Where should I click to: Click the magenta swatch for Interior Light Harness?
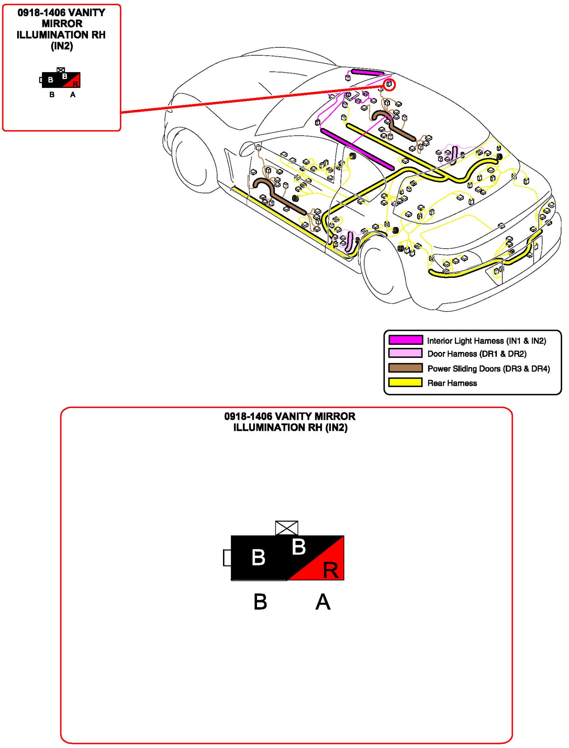point(406,340)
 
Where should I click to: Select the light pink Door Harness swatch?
point(406,353)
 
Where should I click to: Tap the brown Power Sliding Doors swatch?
point(406,368)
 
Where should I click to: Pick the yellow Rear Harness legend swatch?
point(406,383)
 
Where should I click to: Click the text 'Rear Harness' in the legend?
point(452,383)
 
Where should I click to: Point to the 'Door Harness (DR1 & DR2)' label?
point(477,354)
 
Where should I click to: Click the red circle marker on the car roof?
point(389,85)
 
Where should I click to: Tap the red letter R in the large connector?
point(331,570)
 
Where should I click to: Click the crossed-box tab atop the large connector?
point(287,528)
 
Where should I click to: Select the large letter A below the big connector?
point(323,602)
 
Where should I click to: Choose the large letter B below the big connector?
point(260,602)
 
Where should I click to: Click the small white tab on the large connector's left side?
point(227,558)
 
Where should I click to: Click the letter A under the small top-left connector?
point(73,95)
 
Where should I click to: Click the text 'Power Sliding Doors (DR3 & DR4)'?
point(488,369)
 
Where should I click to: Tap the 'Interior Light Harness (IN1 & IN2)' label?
point(486,341)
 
